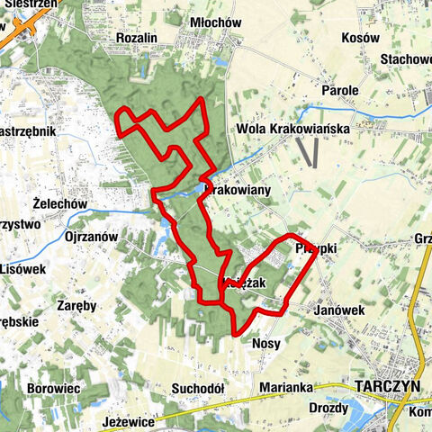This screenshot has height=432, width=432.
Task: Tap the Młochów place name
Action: click(213, 22)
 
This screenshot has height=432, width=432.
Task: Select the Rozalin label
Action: click(137, 38)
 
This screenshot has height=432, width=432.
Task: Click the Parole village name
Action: click(340, 91)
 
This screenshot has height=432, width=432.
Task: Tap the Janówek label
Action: click(338, 310)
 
